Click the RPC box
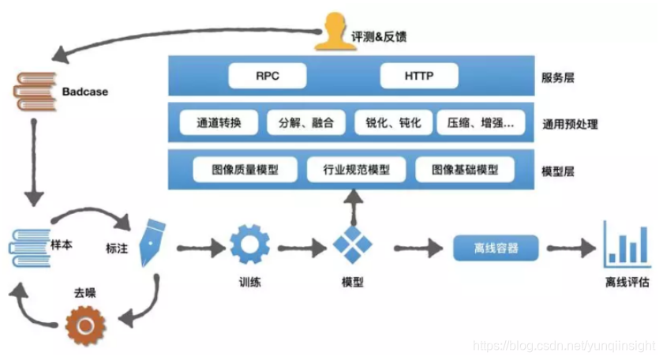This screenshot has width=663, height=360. click(268, 77)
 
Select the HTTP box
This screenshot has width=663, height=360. click(419, 77)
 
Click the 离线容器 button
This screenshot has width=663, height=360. click(496, 247)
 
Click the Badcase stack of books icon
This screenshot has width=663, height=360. click(34, 92)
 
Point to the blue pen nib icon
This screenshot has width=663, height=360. click(149, 245)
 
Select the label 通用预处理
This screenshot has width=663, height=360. click(570, 123)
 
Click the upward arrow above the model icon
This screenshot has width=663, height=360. click(351, 207)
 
